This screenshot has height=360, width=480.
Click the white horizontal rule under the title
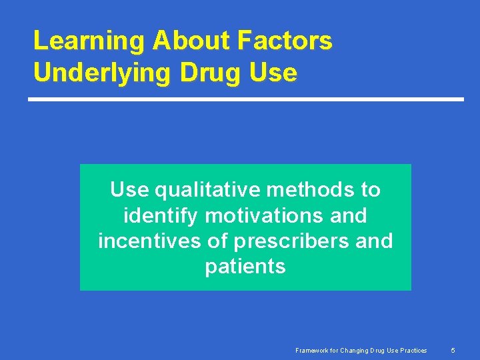coord(245,99)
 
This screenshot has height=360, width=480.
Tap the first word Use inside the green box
coord(130,190)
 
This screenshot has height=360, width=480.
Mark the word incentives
coord(150,241)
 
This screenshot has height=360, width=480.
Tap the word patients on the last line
coord(245,267)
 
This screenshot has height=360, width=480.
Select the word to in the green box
coord(371,190)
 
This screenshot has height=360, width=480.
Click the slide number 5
coord(453,350)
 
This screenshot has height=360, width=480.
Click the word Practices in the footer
coord(413,350)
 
